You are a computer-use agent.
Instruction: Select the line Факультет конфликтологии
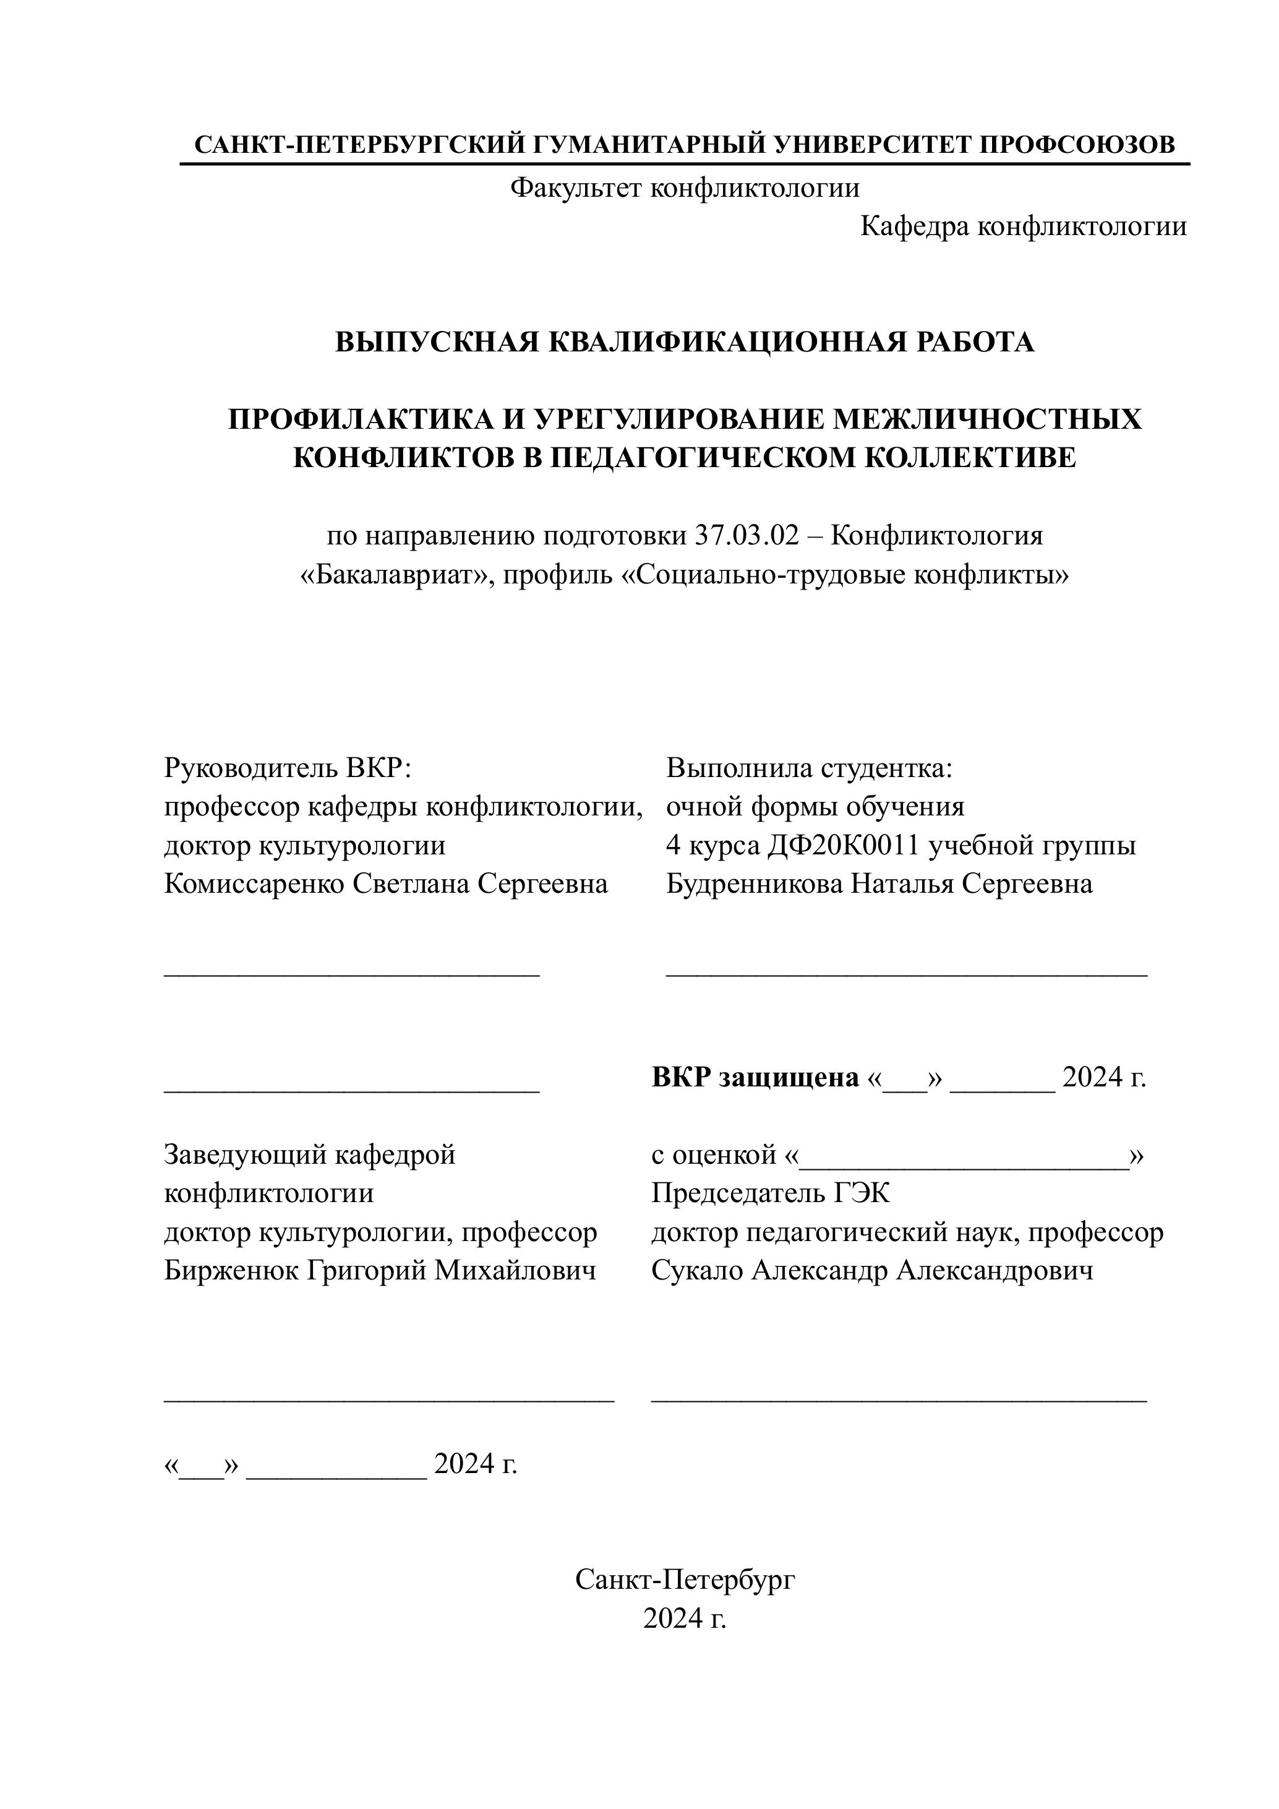[685, 188]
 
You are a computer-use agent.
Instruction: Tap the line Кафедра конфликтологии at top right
[1023, 227]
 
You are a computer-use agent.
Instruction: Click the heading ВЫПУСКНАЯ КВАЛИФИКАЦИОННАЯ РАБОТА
[685, 342]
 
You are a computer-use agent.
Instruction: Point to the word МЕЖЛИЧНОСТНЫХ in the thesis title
[987, 419]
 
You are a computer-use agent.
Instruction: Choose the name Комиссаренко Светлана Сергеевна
[386, 884]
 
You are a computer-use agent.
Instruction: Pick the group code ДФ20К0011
[844, 845]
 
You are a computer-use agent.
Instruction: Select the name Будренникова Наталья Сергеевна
[879, 884]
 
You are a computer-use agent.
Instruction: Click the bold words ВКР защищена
[755, 1077]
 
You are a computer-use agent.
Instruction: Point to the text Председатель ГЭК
[770, 1193]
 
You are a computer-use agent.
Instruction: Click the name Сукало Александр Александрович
[872, 1271]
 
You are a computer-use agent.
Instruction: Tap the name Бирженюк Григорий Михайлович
[380, 1271]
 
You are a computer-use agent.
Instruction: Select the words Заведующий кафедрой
[309, 1155]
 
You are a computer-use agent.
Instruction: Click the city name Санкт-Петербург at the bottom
[685, 1579]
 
